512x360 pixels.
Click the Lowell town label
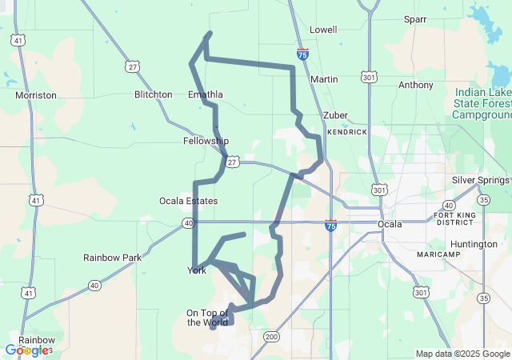click(x=323, y=30)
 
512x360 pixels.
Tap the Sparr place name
click(x=415, y=18)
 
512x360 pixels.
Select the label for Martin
click(x=324, y=79)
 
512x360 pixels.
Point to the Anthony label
click(x=415, y=85)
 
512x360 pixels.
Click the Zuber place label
click(x=335, y=115)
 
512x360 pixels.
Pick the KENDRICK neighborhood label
click(x=346, y=131)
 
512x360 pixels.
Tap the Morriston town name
click(x=36, y=95)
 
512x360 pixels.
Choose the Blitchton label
click(x=154, y=94)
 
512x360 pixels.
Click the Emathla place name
click(x=205, y=94)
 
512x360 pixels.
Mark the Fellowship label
click(x=206, y=141)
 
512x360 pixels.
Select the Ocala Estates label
click(x=188, y=201)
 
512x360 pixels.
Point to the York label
click(x=196, y=270)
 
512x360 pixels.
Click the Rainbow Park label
click(x=112, y=258)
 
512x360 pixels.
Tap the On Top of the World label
click(x=207, y=318)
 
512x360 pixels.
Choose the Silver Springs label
click(x=481, y=180)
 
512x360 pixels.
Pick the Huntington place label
click(x=474, y=244)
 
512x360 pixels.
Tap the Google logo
click(x=26, y=350)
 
